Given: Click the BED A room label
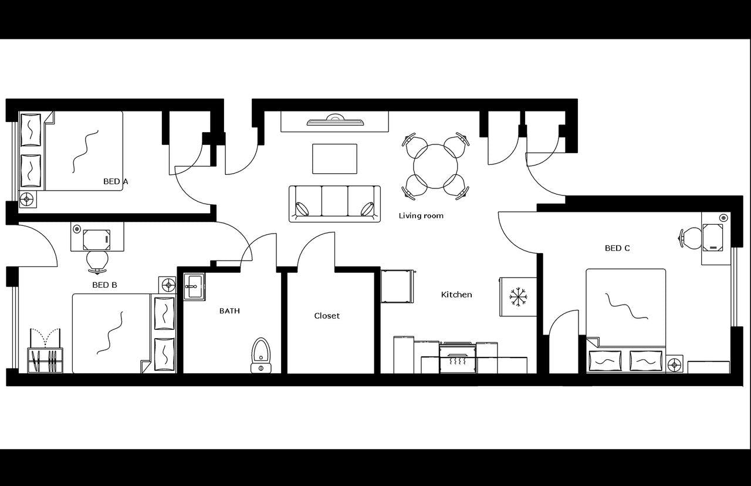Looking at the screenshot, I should click(116, 181).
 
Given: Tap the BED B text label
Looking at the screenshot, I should click(104, 285).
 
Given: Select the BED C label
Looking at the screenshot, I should click(617, 248).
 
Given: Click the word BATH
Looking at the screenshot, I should click(229, 310).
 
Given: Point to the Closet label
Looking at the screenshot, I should click(327, 316).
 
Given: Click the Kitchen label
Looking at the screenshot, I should click(456, 295).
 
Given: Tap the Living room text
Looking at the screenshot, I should click(421, 216).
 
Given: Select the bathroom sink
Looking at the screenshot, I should click(194, 286).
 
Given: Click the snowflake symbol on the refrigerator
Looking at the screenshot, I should click(518, 296).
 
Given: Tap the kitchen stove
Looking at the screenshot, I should click(458, 357).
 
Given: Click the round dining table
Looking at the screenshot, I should click(435, 166).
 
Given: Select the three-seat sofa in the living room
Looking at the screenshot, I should click(334, 203).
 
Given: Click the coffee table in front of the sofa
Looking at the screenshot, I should click(334, 158).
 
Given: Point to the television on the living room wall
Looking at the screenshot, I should click(335, 122).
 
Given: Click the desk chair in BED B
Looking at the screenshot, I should click(97, 261).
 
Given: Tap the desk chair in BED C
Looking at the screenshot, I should click(691, 238).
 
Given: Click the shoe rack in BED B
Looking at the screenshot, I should click(45, 360).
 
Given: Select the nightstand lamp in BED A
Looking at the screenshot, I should click(27, 200).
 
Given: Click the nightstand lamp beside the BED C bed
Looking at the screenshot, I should click(674, 365).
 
